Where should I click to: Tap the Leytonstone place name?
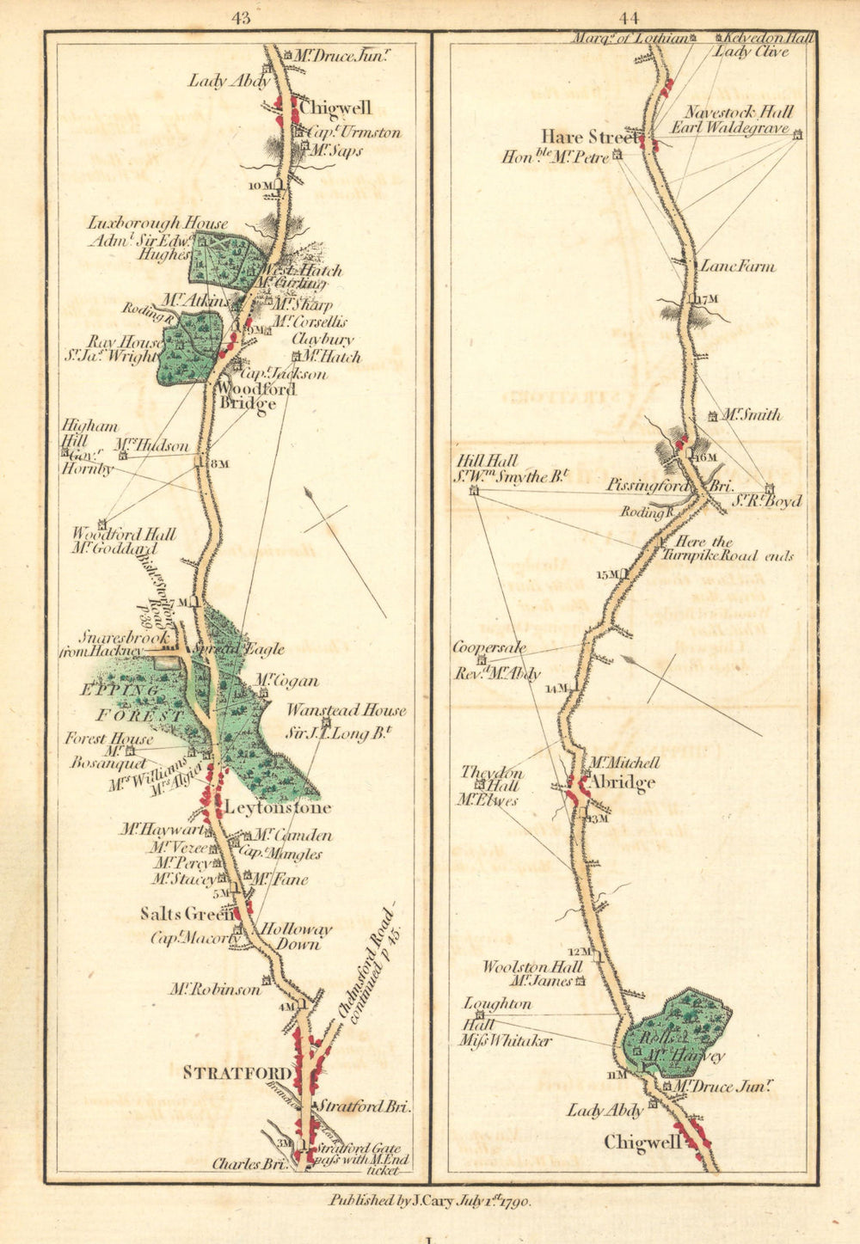[277, 808]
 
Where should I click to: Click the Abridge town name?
[621, 782]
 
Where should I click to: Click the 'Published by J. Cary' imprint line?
[430, 1201]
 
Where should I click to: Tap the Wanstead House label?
[346, 711]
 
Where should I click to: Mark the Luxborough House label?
[157, 223]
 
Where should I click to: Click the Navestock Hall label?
[739, 113]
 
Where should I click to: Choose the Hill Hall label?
[487, 461]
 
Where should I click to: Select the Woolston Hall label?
[531, 966]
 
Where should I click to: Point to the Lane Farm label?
[737, 267]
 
